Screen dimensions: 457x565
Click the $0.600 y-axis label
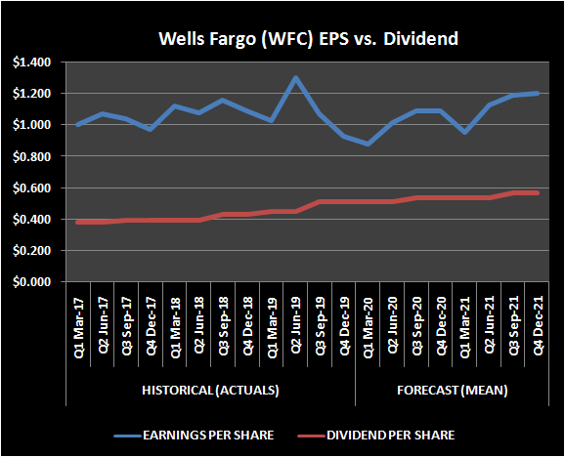point(35,187)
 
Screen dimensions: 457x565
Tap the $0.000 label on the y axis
point(35,282)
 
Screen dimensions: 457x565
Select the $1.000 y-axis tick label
point(35,125)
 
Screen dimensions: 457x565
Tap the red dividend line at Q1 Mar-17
point(78,222)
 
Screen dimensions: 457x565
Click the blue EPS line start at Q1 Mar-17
point(78,125)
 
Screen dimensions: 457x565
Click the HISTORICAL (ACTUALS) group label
point(209,391)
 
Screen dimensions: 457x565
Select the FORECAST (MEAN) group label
point(451,391)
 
